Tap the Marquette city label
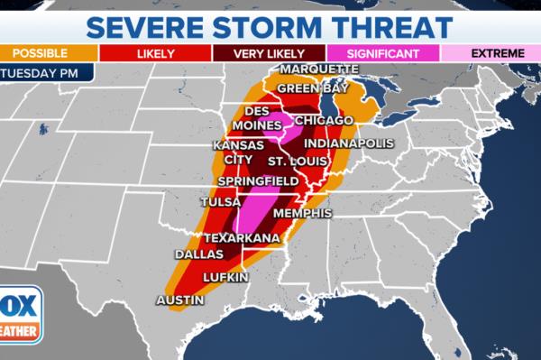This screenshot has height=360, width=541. point(319,69)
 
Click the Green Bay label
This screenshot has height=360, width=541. point(311,88)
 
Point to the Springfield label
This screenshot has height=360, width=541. point(259,180)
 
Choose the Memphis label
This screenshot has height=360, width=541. point(302,214)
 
